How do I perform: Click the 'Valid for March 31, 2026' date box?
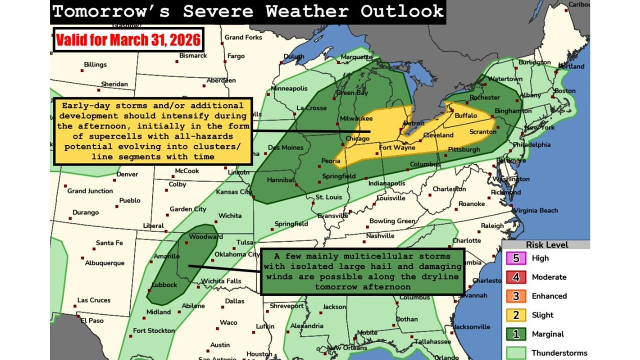(x=128, y=40)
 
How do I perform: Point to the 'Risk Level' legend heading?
(x=546, y=245)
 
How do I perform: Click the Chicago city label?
(x=357, y=138)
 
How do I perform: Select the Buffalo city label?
(x=465, y=115)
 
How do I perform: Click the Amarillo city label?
(x=166, y=256)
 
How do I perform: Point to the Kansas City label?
(x=233, y=192)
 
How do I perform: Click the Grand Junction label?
(x=90, y=191)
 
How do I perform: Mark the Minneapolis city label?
(x=289, y=88)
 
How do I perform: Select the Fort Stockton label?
(x=153, y=330)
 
